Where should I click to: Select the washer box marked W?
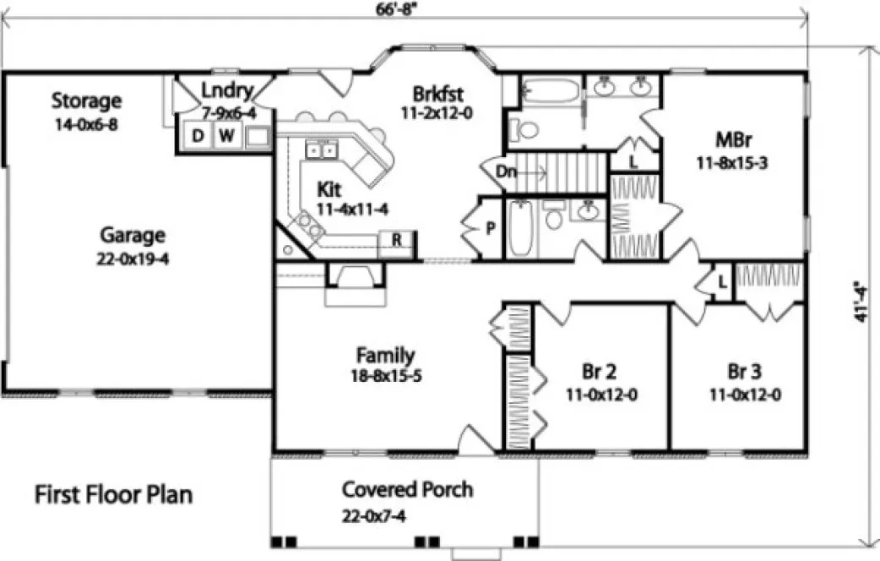pos(226,136)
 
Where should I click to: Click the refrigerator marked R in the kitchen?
pos(396,240)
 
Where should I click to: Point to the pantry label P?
pos(491,227)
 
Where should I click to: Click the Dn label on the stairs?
pos(506,172)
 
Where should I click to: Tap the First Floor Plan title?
pos(113,494)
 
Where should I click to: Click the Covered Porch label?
pos(407,489)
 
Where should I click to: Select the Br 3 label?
pos(743,373)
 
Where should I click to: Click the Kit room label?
pos(332,187)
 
